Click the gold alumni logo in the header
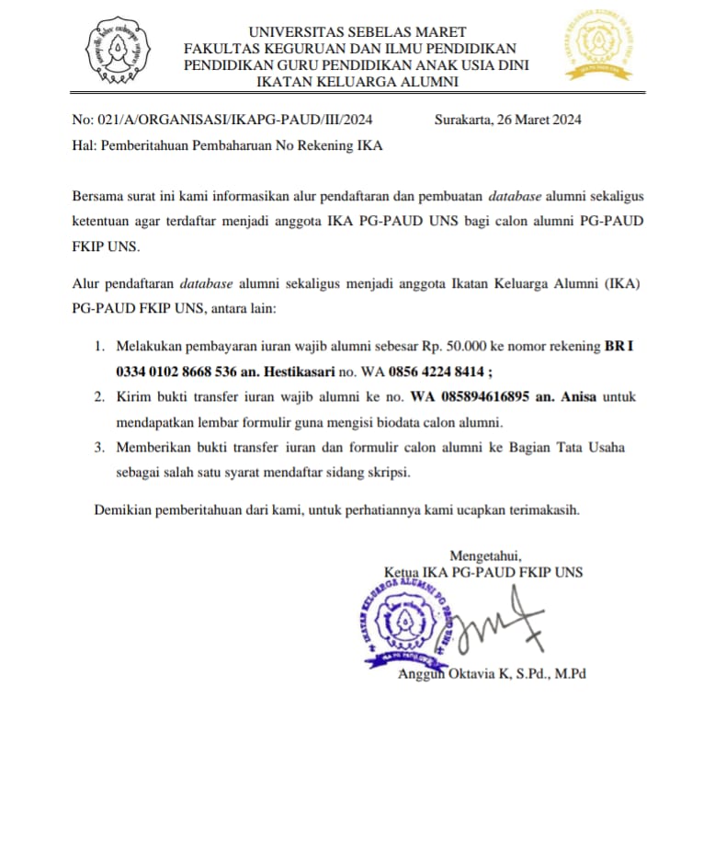(x=598, y=46)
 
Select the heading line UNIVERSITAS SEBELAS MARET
(x=357, y=32)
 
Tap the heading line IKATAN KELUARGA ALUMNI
(x=357, y=82)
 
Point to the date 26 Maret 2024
(x=539, y=120)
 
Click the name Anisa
(x=575, y=397)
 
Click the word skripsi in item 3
(x=386, y=473)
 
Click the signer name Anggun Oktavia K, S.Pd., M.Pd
(x=492, y=674)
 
